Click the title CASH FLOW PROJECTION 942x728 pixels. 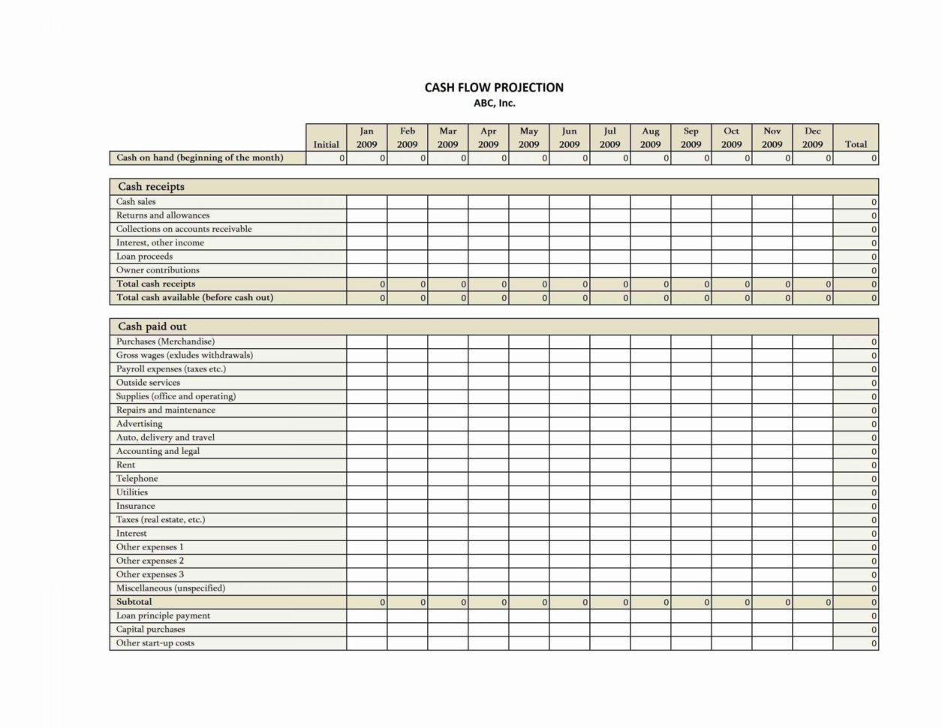pyautogui.click(x=494, y=88)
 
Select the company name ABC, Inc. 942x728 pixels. pyautogui.click(x=494, y=104)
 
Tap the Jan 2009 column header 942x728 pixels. pyautogui.click(x=366, y=137)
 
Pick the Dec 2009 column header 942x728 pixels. pyautogui.click(x=812, y=137)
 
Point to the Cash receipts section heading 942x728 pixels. pyautogui.click(x=151, y=187)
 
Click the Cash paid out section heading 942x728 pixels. pyautogui.click(x=152, y=326)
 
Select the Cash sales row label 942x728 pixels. pyautogui.click(x=136, y=201)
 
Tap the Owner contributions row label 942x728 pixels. pyautogui.click(x=158, y=270)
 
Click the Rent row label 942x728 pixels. pyautogui.click(x=125, y=465)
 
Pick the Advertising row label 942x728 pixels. pyautogui.click(x=139, y=424)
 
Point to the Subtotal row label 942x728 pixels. pyautogui.click(x=134, y=602)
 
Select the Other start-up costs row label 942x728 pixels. pyautogui.click(x=155, y=643)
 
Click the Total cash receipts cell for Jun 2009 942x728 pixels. pyautogui.click(x=569, y=284)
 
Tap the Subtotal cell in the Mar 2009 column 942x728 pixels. pyautogui.click(x=447, y=602)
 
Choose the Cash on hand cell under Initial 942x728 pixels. pyautogui.click(x=326, y=158)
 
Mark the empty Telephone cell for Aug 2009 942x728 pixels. pyautogui.click(x=650, y=479)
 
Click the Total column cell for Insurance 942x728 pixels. pyautogui.click(x=856, y=507)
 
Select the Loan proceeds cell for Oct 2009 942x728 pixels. pyautogui.click(x=731, y=257)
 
